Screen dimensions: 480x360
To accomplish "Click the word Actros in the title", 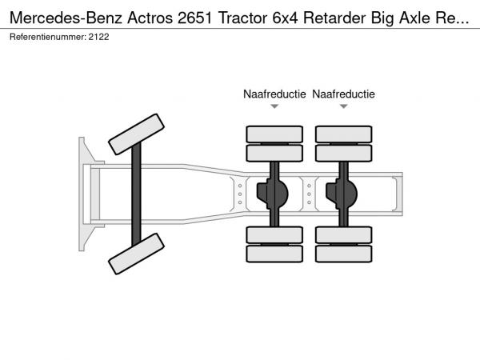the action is pos(150,18).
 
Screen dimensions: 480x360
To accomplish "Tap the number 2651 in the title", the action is pos(194,18).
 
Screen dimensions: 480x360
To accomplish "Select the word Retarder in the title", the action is pos(334,18).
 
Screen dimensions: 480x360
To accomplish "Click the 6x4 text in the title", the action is pos(285,18).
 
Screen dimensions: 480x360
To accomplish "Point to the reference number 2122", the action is pos(99,37).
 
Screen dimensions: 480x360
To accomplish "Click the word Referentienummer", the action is pos(47,37).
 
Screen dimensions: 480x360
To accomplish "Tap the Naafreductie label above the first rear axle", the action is pos(274,94).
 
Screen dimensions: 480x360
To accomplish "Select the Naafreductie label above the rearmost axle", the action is pos(343,94).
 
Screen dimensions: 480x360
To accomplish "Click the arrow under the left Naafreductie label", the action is pos(274,106).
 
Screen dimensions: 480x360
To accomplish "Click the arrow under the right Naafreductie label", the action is pos(343,106).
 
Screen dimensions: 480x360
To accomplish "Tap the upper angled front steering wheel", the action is pos(137,134).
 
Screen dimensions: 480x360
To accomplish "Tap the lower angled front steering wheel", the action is pos(137,254).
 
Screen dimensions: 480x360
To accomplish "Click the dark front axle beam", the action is pos(136,194).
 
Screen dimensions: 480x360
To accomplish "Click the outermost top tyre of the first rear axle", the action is pos(274,134).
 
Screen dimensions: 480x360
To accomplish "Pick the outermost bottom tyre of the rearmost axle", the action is pos(344,254).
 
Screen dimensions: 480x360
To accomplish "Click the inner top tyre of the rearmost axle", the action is pos(344,153).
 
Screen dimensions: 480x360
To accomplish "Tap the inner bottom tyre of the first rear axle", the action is pos(274,235).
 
